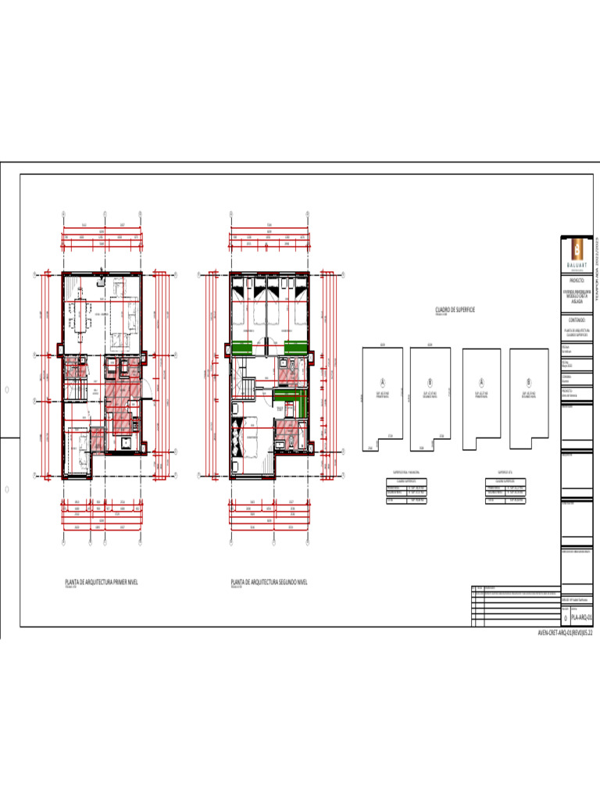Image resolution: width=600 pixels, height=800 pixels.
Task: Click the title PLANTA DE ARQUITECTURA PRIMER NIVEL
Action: pyautogui.click(x=101, y=582)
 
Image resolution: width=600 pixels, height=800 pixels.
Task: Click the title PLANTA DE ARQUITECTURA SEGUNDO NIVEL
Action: pyautogui.click(x=270, y=582)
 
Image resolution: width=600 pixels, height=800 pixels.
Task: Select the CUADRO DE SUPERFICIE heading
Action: pyautogui.click(x=455, y=310)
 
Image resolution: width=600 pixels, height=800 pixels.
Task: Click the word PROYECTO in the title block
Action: pyautogui.click(x=577, y=279)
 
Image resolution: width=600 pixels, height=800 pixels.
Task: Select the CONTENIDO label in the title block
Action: pyautogui.click(x=577, y=320)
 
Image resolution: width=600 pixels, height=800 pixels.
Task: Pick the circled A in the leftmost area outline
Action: pyautogui.click(x=383, y=382)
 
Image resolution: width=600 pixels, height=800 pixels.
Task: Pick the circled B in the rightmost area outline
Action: pyautogui.click(x=529, y=382)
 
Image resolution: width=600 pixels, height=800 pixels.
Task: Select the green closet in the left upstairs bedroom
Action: pyautogui.click(x=247, y=347)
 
